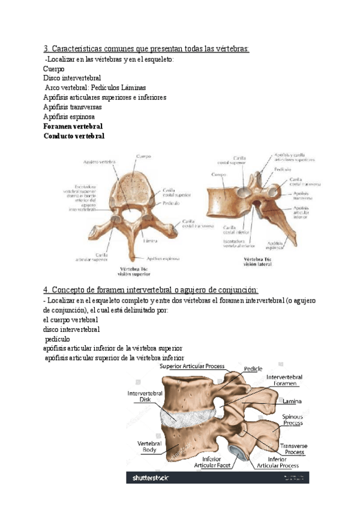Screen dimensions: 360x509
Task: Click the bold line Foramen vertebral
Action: point(73,127)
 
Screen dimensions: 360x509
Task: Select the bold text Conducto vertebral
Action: point(74,136)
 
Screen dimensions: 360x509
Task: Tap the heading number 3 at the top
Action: point(46,49)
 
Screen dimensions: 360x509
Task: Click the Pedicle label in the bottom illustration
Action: point(253,369)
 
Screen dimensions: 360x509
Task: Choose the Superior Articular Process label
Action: point(193,366)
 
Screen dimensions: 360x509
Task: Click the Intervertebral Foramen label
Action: point(284,381)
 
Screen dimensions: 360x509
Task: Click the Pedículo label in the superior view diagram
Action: point(170,203)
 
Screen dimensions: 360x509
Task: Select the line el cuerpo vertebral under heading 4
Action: point(71,320)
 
